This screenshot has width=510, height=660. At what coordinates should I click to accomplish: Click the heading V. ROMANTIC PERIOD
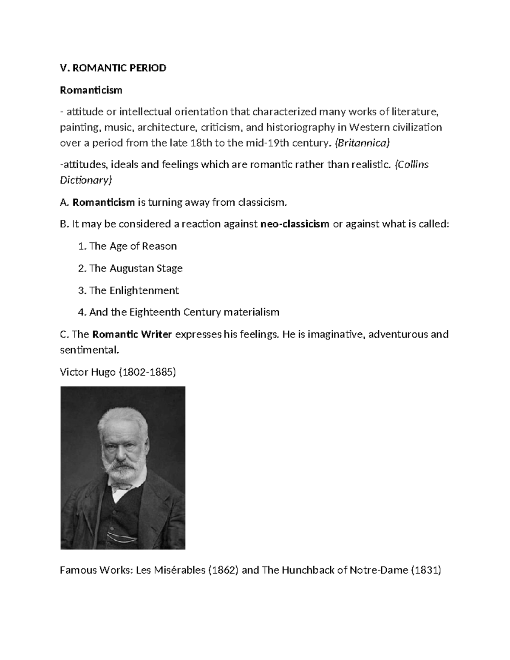tap(113, 68)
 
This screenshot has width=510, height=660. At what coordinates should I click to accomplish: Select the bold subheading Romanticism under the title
tap(91, 90)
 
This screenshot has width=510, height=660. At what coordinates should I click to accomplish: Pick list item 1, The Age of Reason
tap(127, 246)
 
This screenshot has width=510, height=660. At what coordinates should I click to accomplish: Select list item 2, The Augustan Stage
tap(130, 268)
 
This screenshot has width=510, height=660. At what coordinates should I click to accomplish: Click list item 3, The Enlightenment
tap(128, 290)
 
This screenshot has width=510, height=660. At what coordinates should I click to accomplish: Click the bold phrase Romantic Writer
tap(132, 334)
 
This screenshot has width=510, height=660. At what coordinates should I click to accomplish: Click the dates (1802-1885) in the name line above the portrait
tap(147, 372)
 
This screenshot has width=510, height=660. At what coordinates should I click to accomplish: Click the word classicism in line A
tap(262, 202)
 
